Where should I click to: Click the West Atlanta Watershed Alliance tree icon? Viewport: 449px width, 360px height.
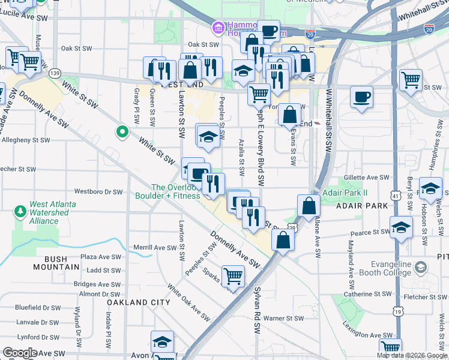tap(20, 211)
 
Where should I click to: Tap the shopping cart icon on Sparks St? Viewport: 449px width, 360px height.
tap(233, 276)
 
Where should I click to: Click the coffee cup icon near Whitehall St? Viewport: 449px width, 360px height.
tap(361, 97)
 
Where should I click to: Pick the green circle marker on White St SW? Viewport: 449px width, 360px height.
tap(122, 131)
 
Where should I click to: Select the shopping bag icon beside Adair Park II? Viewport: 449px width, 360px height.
tap(309, 206)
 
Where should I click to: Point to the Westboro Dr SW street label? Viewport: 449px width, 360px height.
tap(98, 192)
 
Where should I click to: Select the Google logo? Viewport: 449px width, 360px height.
tap(20, 353)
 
